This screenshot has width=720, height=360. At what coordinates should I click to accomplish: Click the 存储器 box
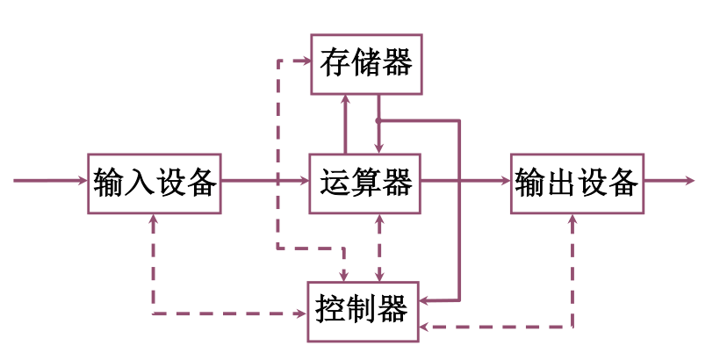pyautogui.click(x=366, y=64)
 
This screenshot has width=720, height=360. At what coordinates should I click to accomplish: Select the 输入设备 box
pyautogui.click(x=154, y=183)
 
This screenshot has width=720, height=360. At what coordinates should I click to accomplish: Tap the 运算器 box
pyautogui.click(x=365, y=183)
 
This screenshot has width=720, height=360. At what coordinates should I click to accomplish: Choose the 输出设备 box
pyautogui.click(x=576, y=183)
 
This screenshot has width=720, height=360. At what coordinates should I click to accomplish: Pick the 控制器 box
pyautogui.click(x=363, y=311)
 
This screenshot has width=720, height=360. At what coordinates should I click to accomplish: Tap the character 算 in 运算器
pyautogui.click(x=366, y=183)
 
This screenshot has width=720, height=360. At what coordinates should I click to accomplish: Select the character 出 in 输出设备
pyautogui.click(x=560, y=183)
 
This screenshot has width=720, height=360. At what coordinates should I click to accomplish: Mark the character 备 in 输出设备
pyautogui.click(x=622, y=183)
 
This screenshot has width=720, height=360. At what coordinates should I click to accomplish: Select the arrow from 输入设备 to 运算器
pyautogui.click(x=263, y=181)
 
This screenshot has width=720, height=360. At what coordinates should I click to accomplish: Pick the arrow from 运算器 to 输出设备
pyautogui.click(x=465, y=181)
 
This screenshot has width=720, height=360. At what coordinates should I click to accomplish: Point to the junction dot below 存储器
pyautogui.click(x=378, y=120)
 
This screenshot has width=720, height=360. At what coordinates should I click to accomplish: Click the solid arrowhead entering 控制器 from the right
pyautogui.click(x=427, y=299)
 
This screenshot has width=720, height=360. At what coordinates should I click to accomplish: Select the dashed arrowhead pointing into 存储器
pyautogui.click(x=306, y=61)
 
